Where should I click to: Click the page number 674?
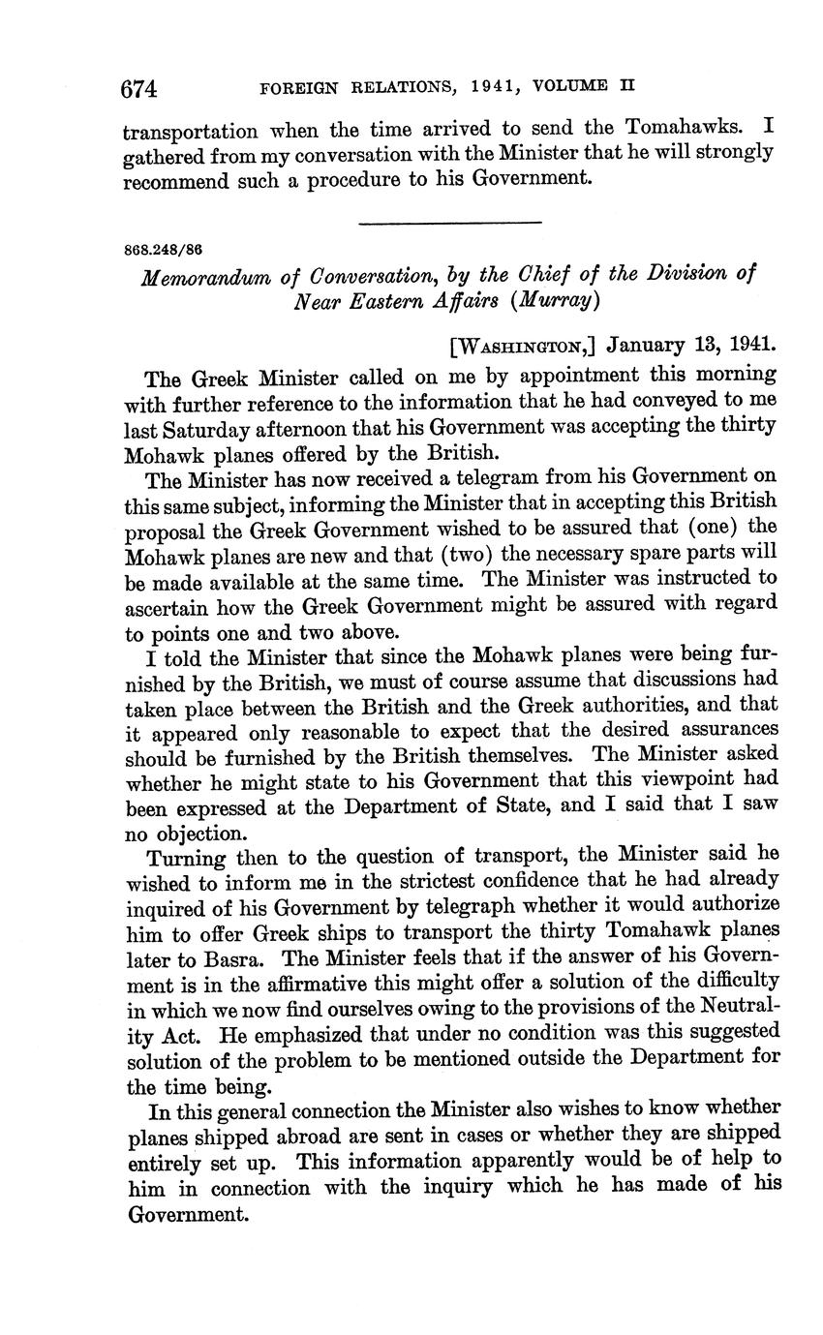click(x=138, y=89)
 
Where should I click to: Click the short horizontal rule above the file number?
click(x=449, y=224)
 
